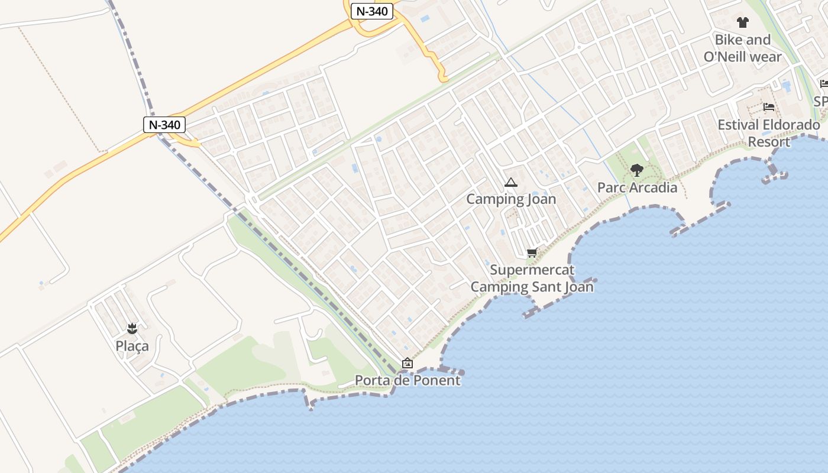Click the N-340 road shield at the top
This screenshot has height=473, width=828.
[372, 11]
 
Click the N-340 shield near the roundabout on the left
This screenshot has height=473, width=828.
[164, 125]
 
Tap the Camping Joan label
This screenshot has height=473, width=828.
[511, 199]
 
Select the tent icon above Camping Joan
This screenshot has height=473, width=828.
[511, 183]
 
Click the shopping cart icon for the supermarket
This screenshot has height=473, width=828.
[532, 253]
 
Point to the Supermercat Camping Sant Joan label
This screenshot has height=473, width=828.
[532, 278]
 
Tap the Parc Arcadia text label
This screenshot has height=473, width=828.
[637, 187]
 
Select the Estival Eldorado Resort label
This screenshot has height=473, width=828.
[769, 133]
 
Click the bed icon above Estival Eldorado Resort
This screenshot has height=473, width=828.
[769, 107]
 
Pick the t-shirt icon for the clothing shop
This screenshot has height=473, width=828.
[742, 22]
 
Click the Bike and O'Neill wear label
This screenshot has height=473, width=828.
[742, 48]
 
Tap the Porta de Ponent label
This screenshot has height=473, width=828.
[407, 380]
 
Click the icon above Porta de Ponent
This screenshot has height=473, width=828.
[407, 363]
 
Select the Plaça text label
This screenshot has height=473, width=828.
[132, 346]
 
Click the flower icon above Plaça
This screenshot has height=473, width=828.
[132, 328]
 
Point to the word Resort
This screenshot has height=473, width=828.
[769, 142]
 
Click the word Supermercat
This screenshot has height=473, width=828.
[532, 270]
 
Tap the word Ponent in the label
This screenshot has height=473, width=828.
[436, 380]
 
